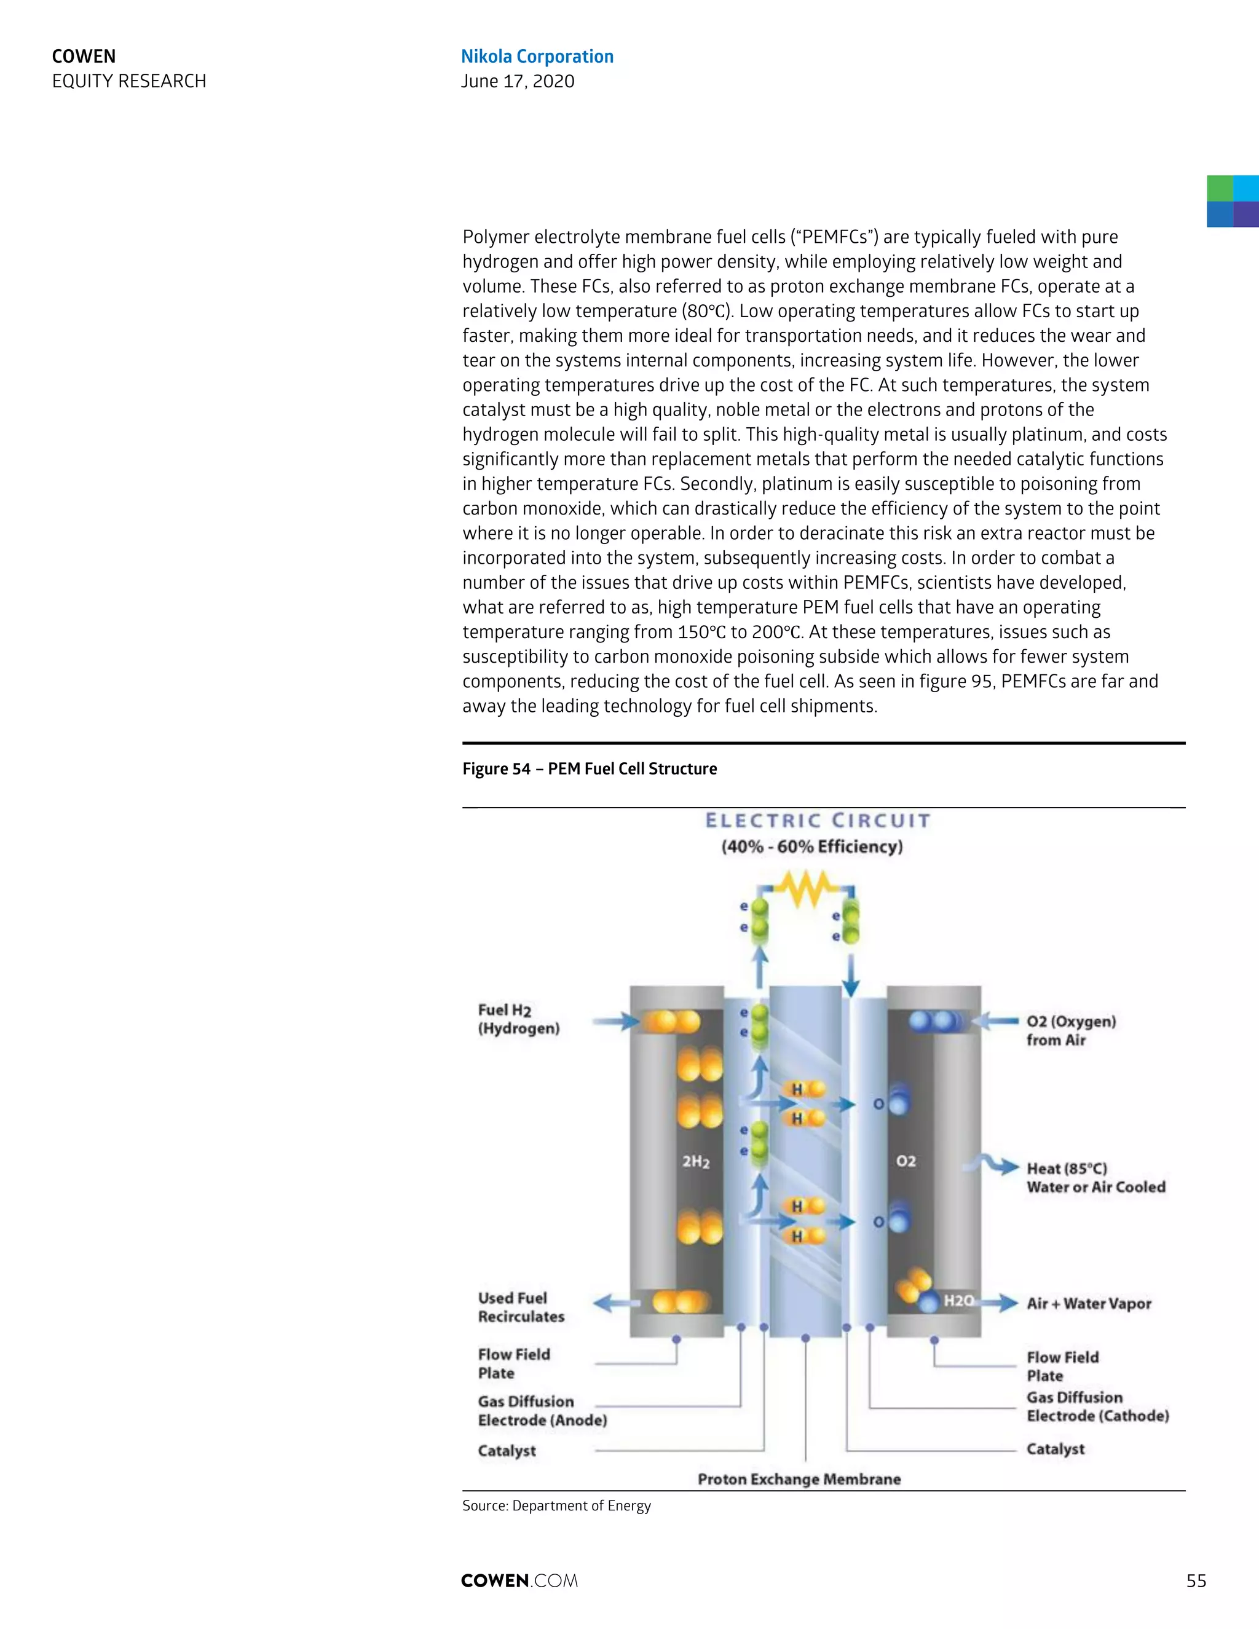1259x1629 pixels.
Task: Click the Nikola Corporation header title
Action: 537,57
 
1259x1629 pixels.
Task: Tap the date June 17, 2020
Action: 518,81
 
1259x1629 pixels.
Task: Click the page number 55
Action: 1196,1580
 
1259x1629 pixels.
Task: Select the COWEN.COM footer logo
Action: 519,1580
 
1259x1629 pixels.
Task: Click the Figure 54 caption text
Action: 589,769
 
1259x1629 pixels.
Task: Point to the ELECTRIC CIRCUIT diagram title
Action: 818,821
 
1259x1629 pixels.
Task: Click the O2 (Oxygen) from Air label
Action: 1071,1031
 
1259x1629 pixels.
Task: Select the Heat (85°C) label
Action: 1067,1169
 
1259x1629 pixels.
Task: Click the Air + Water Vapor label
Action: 1089,1304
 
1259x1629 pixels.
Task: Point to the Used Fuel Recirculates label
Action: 521,1308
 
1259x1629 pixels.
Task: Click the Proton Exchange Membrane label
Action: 799,1479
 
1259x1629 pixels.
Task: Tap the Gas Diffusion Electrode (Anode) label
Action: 542,1410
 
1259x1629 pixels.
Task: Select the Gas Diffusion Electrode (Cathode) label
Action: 1097,1406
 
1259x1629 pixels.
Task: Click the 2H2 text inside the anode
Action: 696,1161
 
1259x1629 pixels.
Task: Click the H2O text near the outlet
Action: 958,1301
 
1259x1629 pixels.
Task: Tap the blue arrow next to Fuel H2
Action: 616,1022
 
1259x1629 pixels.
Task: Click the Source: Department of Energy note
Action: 556,1506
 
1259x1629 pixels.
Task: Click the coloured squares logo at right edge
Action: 1232,202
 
